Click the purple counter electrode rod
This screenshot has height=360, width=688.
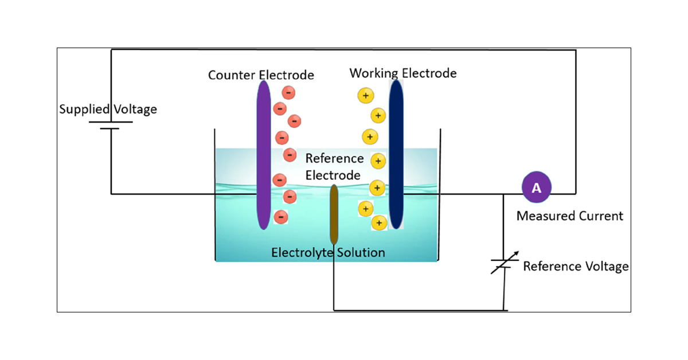tap(263, 155)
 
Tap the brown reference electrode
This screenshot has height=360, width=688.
tap(333, 215)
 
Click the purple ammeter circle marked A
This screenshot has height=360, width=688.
tap(536, 187)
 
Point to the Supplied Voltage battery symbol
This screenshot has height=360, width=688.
tap(110, 125)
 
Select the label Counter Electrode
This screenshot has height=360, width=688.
tap(261, 75)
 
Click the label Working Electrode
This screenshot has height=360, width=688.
tap(403, 73)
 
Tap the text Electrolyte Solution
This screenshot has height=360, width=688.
tap(328, 252)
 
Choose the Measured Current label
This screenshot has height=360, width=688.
tap(569, 216)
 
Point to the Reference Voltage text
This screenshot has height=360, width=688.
tap(576, 267)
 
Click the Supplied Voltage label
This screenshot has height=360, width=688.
tap(108, 109)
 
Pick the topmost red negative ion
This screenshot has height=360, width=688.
tap(288, 92)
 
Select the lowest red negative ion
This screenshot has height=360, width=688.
tap(281, 217)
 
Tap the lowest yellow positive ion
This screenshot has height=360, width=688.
tap(379, 222)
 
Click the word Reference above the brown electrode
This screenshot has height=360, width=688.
tap(334, 158)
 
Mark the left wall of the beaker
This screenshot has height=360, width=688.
tap(215, 195)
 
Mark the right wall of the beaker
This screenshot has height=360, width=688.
tap(440, 195)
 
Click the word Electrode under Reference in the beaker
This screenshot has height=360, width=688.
tap(333, 175)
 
